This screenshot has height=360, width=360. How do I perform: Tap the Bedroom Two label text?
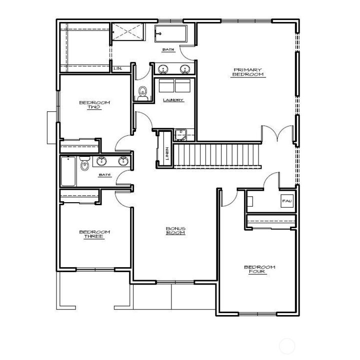point(94,105)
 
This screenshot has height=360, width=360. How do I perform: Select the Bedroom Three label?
point(94,234)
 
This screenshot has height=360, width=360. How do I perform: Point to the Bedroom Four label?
point(259,270)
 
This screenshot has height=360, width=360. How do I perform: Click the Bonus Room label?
point(175,231)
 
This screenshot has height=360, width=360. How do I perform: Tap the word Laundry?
point(173,100)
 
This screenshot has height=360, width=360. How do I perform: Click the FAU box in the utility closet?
point(286,201)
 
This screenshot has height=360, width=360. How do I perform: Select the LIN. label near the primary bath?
point(118,68)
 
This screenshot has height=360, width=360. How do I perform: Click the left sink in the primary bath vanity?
point(163,69)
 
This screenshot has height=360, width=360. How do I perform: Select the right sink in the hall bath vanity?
point(122,161)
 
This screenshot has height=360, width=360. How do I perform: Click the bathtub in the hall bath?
point(67,171)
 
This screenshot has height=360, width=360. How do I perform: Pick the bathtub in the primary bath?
point(170,34)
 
